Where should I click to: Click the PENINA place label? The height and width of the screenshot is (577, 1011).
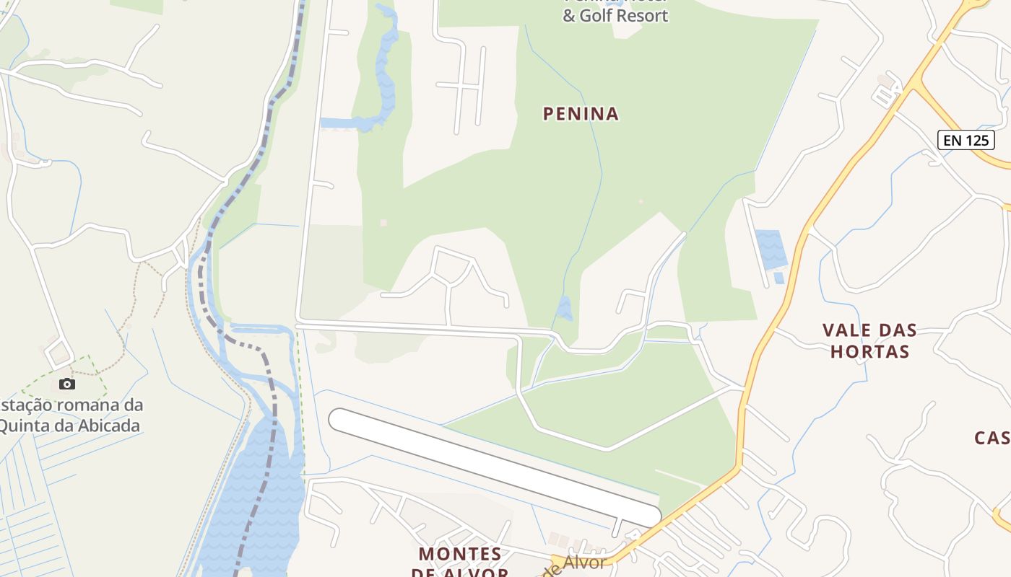[x=581, y=114]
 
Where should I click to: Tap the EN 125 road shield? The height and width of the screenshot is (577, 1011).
[x=966, y=140]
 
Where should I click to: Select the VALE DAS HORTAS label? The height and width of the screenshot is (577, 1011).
[x=869, y=341]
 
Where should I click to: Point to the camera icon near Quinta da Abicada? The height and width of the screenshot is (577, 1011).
[x=66, y=384]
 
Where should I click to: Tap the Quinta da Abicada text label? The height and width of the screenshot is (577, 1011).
[x=69, y=425]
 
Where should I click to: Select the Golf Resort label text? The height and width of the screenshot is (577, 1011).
[x=615, y=16]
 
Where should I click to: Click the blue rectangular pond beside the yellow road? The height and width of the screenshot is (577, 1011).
[x=770, y=250]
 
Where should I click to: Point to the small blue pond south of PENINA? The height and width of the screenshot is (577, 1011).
[x=564, y=309]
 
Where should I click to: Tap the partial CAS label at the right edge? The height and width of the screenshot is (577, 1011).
[x=992, y=438]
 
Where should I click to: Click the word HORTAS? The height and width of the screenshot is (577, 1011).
[x=869, y=352]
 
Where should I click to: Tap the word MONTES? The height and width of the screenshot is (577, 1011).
[x=460, y=554]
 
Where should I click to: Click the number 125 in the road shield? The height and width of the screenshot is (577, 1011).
[x=976, y=140]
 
